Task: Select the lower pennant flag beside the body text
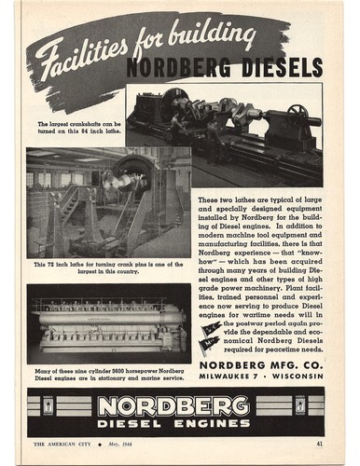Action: point(211,344)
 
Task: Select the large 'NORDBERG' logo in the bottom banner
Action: point(174,405)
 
